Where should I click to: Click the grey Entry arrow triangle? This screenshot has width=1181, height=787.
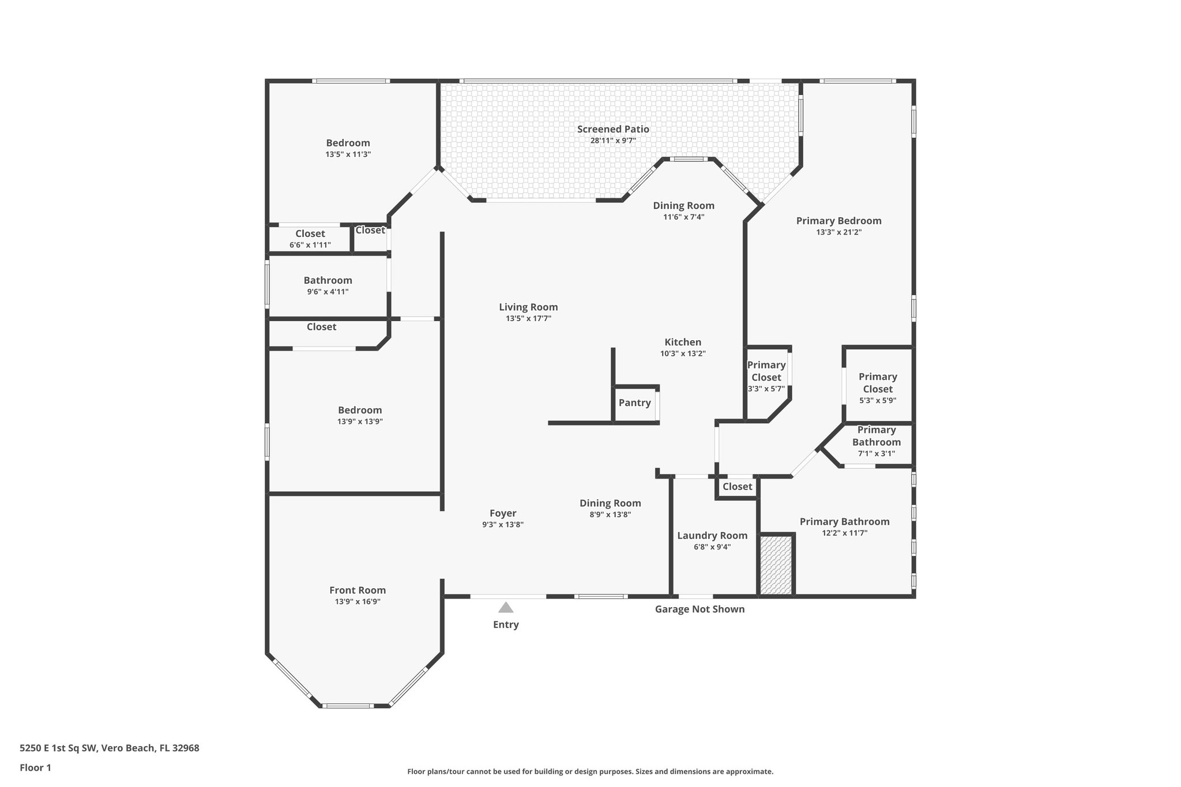tap(506, 608)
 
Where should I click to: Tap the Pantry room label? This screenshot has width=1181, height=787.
tap(634, 403)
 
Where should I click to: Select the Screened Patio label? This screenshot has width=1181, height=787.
tap(613, 129)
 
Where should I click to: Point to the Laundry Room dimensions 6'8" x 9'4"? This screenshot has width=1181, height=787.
tap(712, 547)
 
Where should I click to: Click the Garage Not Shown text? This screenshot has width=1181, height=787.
tap(699, 609)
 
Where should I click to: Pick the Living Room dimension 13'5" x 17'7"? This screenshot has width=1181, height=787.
tap(528, 318)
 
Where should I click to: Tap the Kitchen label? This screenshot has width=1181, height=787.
tap(683, 342)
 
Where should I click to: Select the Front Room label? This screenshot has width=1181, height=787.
tap(358, 590)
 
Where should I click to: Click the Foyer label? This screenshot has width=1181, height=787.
tap(503, 513)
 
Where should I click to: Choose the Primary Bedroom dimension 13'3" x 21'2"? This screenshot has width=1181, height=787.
tap(838, 232)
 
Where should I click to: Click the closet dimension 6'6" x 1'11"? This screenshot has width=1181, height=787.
tap(310, 245)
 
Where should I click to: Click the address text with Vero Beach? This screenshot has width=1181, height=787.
tap(110, 748)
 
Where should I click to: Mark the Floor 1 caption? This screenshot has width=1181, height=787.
tap(36, 767)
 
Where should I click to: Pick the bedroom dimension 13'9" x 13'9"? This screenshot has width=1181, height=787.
tap(360, 421)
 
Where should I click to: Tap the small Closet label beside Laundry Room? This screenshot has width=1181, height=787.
tap(737, 487)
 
